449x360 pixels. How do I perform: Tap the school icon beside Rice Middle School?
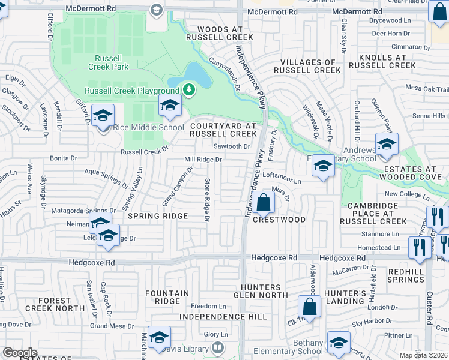point(103,116)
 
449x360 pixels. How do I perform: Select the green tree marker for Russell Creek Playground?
point(190,91)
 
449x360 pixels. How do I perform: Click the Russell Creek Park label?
point(112,63)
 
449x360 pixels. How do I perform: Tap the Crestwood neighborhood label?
point(279,220)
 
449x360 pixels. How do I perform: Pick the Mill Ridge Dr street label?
point(203,160)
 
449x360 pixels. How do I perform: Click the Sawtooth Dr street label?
point(231,146)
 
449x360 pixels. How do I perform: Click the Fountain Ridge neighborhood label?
point(163,297)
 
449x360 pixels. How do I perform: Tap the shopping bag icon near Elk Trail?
point(310,308)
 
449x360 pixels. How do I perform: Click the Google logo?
point(20,352)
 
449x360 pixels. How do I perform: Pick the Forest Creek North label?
point(54,304)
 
